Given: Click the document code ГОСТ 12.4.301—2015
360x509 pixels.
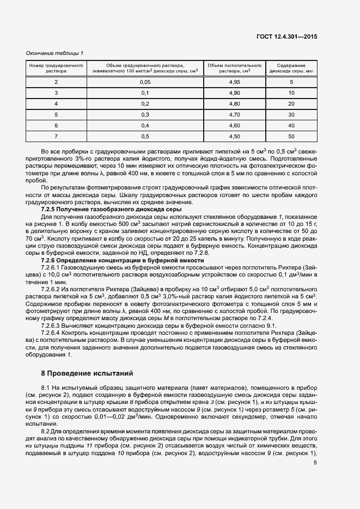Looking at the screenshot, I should point(286,37).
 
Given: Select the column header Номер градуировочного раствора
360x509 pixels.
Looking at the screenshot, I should point(56,68).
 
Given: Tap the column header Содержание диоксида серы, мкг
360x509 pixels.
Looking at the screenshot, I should point(291,68).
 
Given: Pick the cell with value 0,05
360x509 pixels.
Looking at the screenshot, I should point(145,82).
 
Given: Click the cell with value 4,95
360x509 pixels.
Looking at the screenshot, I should point(235,82).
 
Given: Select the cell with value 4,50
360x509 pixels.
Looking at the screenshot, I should point(235,137).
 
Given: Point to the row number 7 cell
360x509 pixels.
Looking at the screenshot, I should point(56,137).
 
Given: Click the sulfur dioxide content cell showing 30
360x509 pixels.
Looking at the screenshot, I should point(291,115).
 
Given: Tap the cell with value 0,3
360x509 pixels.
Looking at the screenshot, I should point(145,115).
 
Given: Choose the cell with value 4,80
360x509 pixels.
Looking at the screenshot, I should point(235,104).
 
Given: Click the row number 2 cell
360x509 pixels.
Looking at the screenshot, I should point(56,82).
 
